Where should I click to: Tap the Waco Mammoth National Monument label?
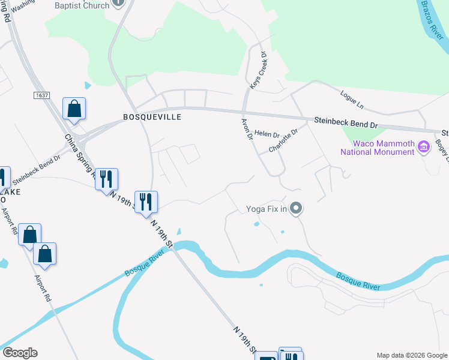[377, 148]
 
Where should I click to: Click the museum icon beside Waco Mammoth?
[424, 146]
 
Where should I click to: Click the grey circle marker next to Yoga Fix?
[295, 209]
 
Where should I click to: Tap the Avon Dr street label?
[246, 128]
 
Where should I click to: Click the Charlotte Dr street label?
[283, 141]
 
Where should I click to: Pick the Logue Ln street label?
[352, 100]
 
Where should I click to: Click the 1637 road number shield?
[41, 95]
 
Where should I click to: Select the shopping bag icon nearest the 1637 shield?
[74, 109]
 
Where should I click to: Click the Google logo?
[20, 353]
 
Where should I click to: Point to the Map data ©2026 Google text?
[411, 355]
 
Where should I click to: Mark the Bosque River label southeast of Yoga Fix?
[358, 281]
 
